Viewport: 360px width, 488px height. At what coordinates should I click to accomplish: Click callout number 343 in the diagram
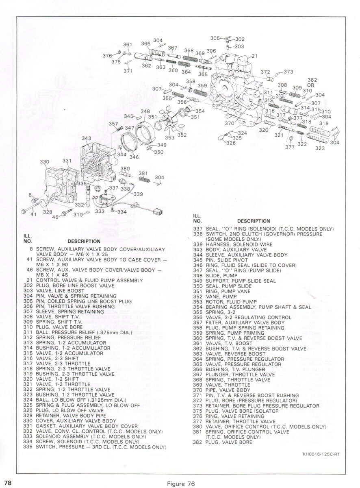(x=87, y=138)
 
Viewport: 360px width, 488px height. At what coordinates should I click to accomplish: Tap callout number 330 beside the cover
(x=44, y=162)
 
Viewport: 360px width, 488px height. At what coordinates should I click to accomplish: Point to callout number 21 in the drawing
(x=254, y=56)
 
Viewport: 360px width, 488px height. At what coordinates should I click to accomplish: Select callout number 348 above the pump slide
(x=145, y=111)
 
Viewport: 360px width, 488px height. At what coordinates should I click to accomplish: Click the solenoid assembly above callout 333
(x=103, y=200)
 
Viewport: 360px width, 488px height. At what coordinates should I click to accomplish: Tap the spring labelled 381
(x=144, y=179)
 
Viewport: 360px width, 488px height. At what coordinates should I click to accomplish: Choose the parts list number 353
(x=197, y=302)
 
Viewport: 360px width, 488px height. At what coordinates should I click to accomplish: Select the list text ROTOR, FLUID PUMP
(x=231, y=302)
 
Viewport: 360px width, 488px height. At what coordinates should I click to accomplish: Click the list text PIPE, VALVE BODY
(x=228, y=390)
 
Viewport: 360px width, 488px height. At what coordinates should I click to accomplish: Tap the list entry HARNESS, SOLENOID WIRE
(x=239, y=244)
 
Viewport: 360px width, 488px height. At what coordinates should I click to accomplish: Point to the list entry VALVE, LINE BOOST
(x=60, y=290)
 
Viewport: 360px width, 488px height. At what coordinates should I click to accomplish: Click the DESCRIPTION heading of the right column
(x=254, y=221)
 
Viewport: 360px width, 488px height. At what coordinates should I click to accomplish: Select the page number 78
(x=8, y=477)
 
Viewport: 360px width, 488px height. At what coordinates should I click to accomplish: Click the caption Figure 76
(x=181, y=477)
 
